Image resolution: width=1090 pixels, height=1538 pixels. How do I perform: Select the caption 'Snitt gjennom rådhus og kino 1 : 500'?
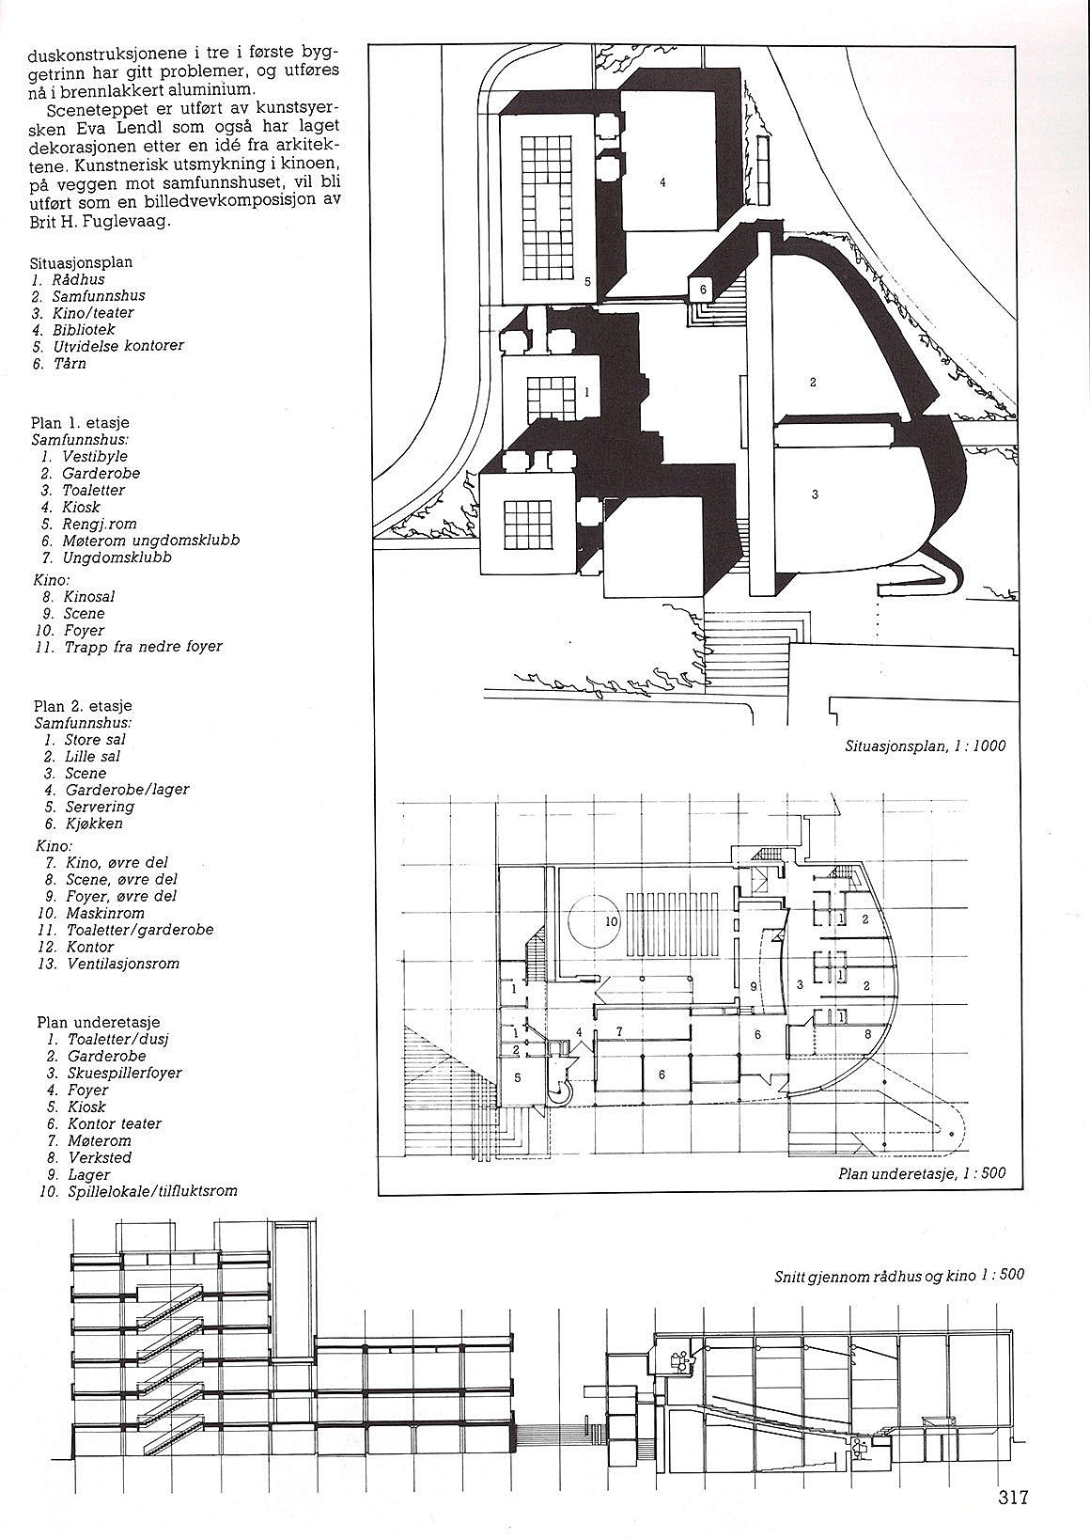(899, 1276)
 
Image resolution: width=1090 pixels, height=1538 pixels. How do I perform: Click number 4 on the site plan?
(662, 182)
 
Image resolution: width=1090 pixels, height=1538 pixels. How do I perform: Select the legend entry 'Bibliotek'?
(86, 329)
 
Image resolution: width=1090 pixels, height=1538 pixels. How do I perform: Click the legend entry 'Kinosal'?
(90, 596)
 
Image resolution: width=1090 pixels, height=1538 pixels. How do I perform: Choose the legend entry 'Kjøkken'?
(94, 824)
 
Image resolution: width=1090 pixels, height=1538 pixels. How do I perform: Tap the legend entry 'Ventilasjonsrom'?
(122, 964)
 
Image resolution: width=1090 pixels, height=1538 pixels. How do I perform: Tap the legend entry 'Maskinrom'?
(105, 913)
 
